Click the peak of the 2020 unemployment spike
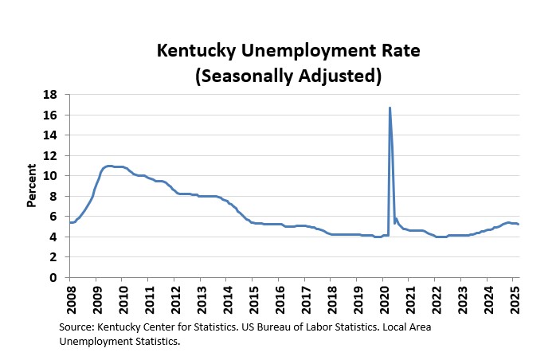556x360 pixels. (390, 108)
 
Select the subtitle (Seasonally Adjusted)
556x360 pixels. (277, 76)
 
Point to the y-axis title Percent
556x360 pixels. (32, 186)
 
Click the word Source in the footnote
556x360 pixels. (77, 327)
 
